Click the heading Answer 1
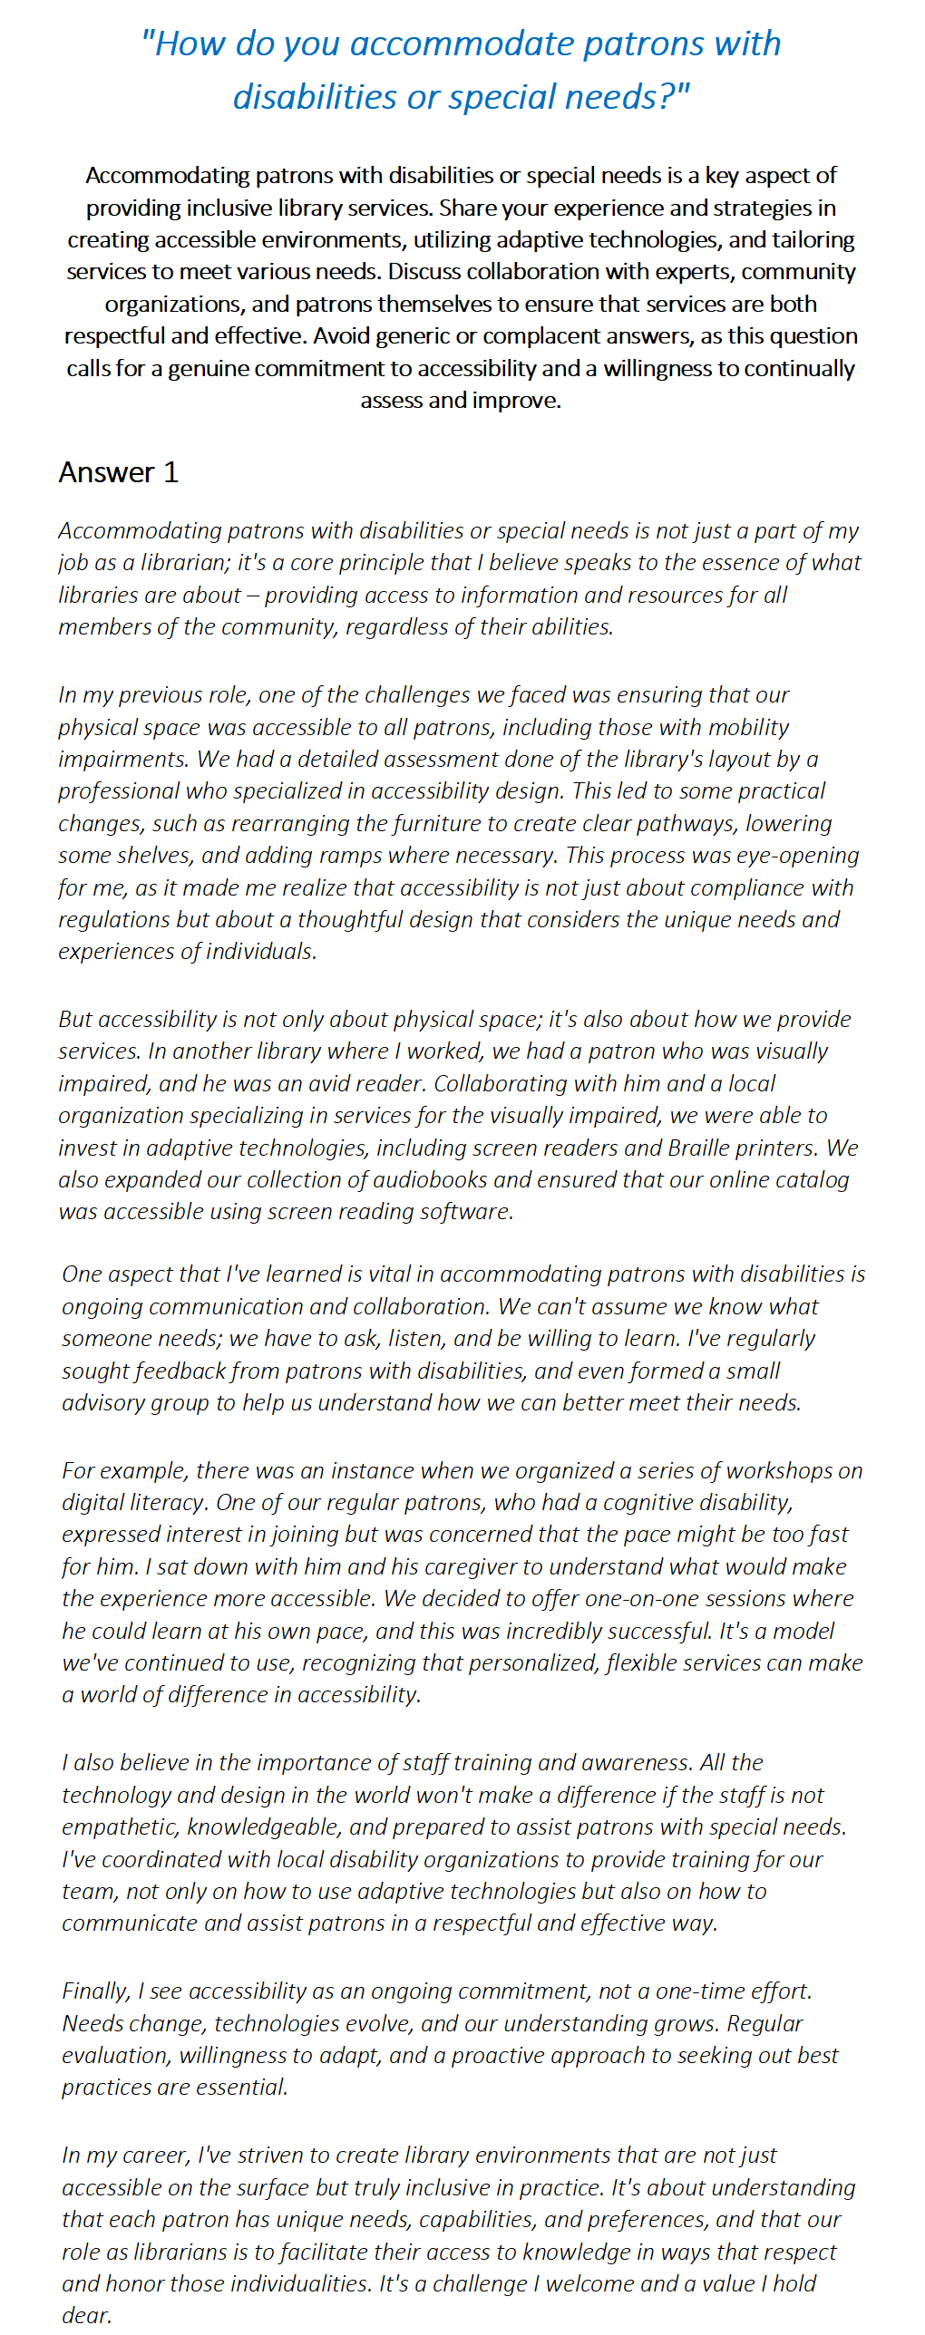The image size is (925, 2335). pos(119,472)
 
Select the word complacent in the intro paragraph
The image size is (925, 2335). pos(570,336)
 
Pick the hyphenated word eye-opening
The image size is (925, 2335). pos(798,856)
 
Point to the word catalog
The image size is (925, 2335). pos(808,1180)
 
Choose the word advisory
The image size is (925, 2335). pos(102,1403)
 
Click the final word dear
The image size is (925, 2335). pos(85,2316)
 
